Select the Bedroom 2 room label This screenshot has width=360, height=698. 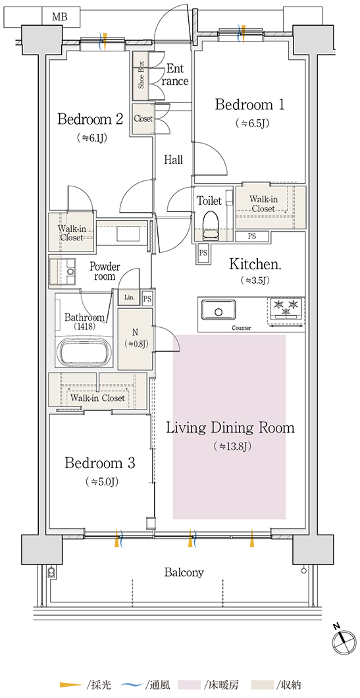click(90, 119)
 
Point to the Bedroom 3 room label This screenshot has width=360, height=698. click(99, 464)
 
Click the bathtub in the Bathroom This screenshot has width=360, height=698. click(86, 352)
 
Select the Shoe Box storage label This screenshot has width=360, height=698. click(141, 74)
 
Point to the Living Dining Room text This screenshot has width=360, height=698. click(230, 428)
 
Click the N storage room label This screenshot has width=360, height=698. click(134, 331)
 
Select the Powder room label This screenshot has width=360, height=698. click(105, 271)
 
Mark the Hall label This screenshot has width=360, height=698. click(173, 160)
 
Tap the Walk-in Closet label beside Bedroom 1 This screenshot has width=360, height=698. click(263, 204)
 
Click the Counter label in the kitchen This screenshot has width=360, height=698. click(241, 328)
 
